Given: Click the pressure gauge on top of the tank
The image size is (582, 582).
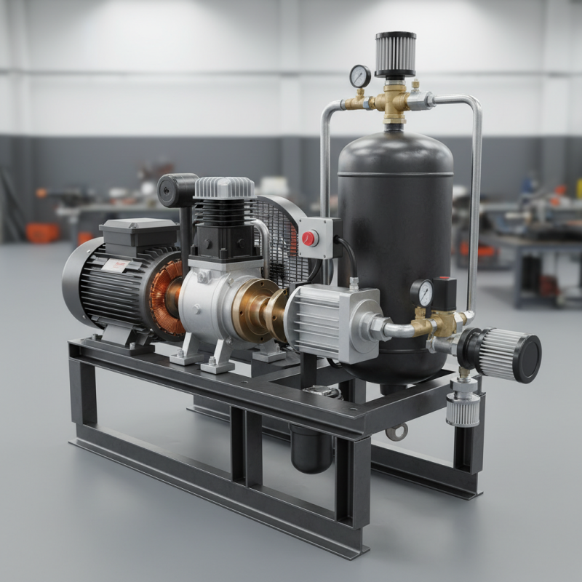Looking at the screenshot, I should pos(360,76).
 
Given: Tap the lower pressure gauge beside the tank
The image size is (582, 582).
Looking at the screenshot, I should pos(422,292).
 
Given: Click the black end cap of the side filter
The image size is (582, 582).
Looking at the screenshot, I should pos(525,358).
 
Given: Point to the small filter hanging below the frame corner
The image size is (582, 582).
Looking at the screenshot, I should pos(463,409).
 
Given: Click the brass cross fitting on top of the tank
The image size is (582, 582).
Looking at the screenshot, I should pos(394,103).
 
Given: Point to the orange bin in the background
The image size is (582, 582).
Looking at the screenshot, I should pos(42,233).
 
